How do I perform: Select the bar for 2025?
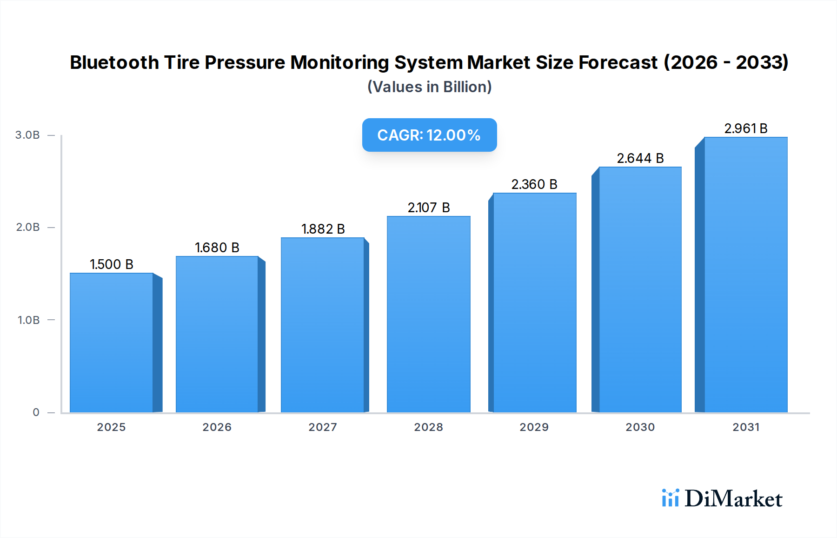click(112, 343)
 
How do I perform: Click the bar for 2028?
click(428, 314)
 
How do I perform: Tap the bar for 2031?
click(745, 275)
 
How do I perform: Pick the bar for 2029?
click(534, 303)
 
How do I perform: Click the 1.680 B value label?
click(217, 248)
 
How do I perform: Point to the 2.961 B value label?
click(745, 128)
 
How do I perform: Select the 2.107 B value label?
click(428, 208)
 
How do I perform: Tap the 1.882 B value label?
click(323, 229)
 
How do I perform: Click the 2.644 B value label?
click(640, 158)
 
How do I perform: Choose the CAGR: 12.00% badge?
click(429, 135)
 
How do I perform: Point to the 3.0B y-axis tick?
click(27, 135)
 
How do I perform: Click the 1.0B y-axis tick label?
click(28, 320)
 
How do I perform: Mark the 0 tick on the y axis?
click(36, 412)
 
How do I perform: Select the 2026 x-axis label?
click(217, 427)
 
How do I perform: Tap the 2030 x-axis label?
click(640, 427)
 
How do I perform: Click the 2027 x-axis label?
click(323, 427)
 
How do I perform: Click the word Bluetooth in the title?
click(114, 62)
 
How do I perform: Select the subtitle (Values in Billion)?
click(429, 87)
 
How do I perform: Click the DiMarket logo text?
click(733, 499)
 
